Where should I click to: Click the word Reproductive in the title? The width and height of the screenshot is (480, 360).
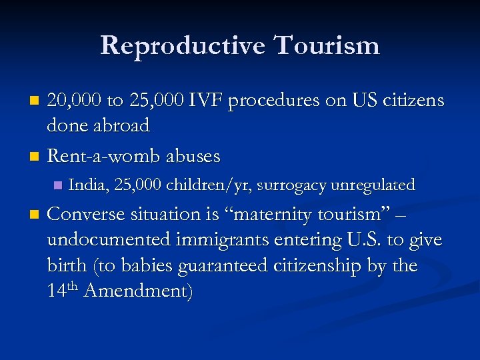[x=182, y=45]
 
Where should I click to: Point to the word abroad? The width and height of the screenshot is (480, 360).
[x=121, y=125]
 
